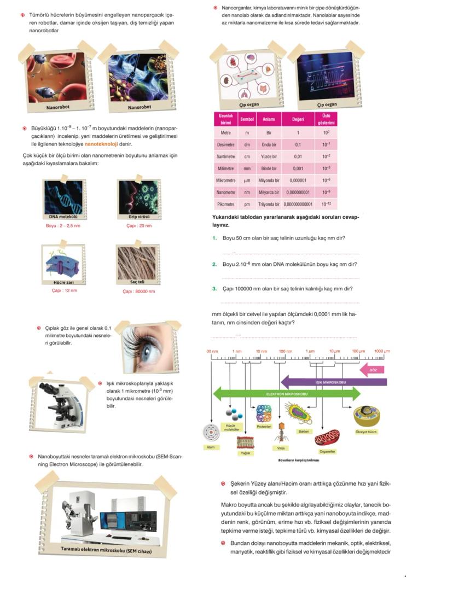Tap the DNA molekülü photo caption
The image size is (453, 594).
(63, 217)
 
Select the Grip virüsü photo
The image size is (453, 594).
(139, 197)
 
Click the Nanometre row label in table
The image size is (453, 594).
(225, 193)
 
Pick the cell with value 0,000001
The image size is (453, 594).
(298, 180)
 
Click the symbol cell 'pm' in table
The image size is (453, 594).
(247, 205)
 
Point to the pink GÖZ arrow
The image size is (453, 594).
(374, 370)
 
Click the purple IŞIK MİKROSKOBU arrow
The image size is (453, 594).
(334, 382)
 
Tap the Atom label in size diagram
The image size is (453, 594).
(210, 447)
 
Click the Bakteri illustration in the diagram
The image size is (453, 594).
(300, 414)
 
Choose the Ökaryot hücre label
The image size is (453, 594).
(365, 432)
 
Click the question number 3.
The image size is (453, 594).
(214, 289)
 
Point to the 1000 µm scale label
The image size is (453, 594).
(382, 351)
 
